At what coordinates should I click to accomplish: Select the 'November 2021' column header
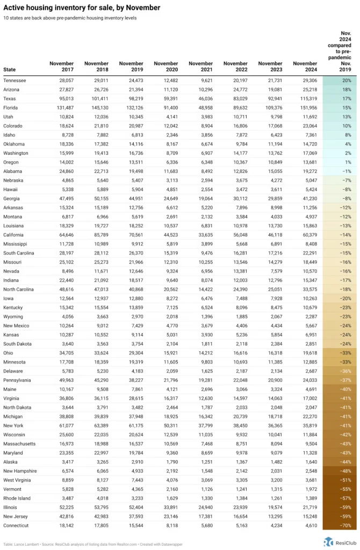click(x=200, y=67)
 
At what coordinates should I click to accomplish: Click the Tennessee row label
click(x=15, y=80)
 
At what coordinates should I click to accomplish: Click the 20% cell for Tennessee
click(x=339, y=80)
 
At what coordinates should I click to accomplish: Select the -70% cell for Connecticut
click(x=339, y=525)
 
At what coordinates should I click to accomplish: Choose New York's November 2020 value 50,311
click(x=167, y=425)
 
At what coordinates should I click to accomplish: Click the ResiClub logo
click(x=338, y=541)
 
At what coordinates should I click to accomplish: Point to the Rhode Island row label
click(x=17, y=498)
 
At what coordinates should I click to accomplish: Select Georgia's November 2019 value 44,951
click(x=132, y=198)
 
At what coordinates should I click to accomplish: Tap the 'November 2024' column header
click(x=305, y=67)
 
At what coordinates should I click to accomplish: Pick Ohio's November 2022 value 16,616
click(x=236, y=353)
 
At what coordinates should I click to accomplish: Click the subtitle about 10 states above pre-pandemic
click(x=70, y=18)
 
